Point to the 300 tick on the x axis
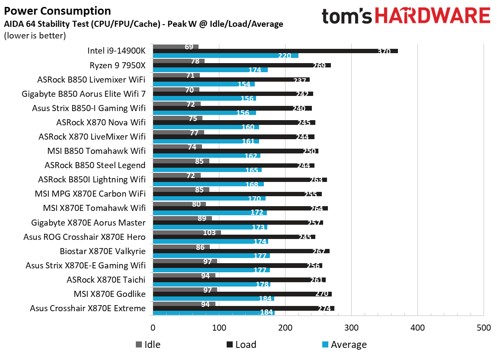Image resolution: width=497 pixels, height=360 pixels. (x=351, y=328)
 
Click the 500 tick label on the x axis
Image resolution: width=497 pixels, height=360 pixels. (x=483, y=328)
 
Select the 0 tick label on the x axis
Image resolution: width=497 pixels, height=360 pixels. (x=153, y=328)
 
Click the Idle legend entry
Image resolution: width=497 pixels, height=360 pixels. (x=148, y=344)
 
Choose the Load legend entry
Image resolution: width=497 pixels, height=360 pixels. (x=241, y=344)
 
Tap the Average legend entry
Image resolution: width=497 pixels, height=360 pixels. (x=344, y=344)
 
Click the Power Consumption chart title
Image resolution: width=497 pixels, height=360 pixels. (x=57, y=11)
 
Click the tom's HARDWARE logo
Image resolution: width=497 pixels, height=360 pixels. (x=406, y=16)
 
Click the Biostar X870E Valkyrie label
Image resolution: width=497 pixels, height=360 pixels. (x=103, y=251)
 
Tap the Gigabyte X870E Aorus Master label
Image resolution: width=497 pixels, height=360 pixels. (x=88, y=223)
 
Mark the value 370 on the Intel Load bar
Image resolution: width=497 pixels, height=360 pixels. (x=383, y=51)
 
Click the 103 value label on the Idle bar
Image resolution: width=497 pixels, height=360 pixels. (x=209, y=233)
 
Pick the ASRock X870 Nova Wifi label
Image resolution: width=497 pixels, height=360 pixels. (x=101, y=122)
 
